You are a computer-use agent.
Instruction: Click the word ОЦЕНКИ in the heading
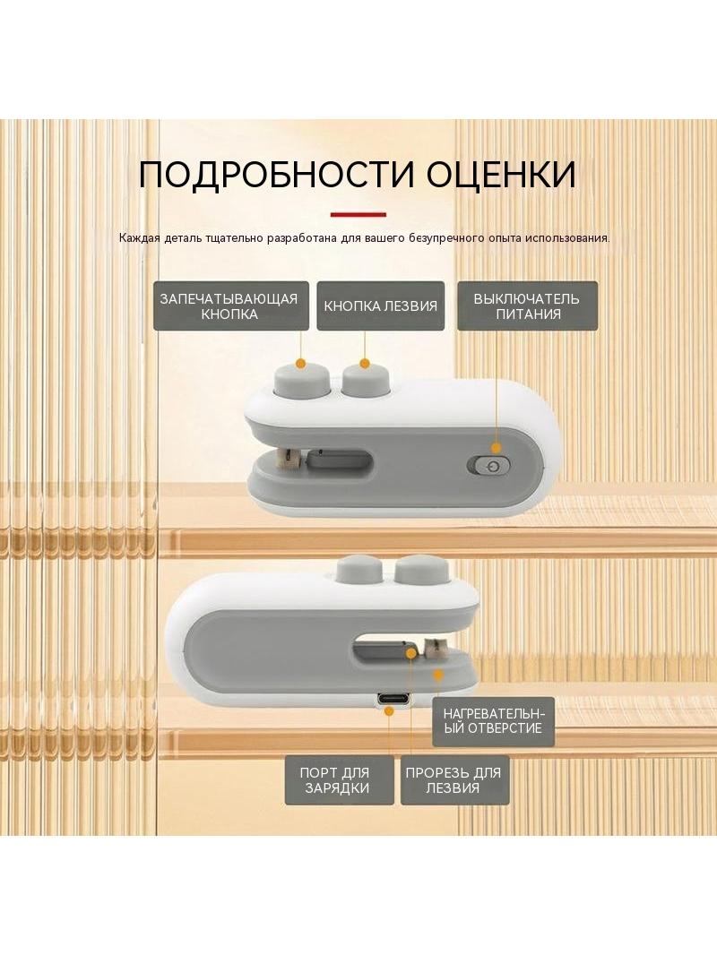tap(501, 175)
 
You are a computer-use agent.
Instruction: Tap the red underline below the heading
tap(358, 214)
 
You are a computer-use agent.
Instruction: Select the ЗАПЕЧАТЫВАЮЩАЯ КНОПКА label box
tap(231, 306)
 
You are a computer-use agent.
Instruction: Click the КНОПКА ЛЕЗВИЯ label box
tap(381, 306)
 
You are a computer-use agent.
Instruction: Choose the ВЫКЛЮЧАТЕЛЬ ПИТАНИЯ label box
tap(528, 306)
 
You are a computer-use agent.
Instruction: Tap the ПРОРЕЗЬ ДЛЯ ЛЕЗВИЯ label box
tap(454, 780)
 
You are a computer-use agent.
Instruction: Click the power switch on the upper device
tap(488, 467)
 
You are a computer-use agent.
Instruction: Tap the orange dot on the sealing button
tap(299, 364)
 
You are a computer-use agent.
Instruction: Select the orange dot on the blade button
tap(364, 364)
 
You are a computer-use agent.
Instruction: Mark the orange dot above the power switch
tap(497, 448)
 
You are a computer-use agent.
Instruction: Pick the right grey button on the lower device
tap(421, 572)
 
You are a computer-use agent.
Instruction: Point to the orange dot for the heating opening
tap(437, 675)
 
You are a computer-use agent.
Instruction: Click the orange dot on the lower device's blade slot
tap(411, 653)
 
